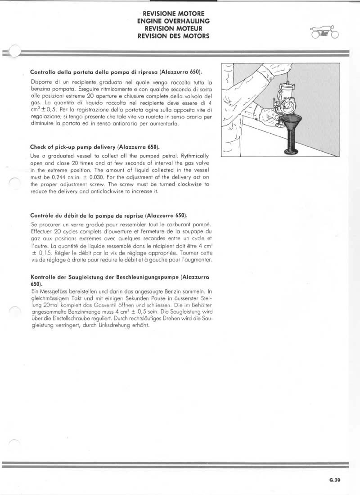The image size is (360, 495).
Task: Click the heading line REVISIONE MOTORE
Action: (173, 14)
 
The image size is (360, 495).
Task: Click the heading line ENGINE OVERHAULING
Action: (173, 21)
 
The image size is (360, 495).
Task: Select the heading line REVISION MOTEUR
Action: (173, 28)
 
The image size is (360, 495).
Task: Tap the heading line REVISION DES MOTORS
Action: (173, 36)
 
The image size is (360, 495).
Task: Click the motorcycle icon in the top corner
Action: (324, 33)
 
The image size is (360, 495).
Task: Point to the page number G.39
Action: (334, 480)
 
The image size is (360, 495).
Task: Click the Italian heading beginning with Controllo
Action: (116, 72)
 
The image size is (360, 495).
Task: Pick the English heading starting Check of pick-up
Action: (95, 147)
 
